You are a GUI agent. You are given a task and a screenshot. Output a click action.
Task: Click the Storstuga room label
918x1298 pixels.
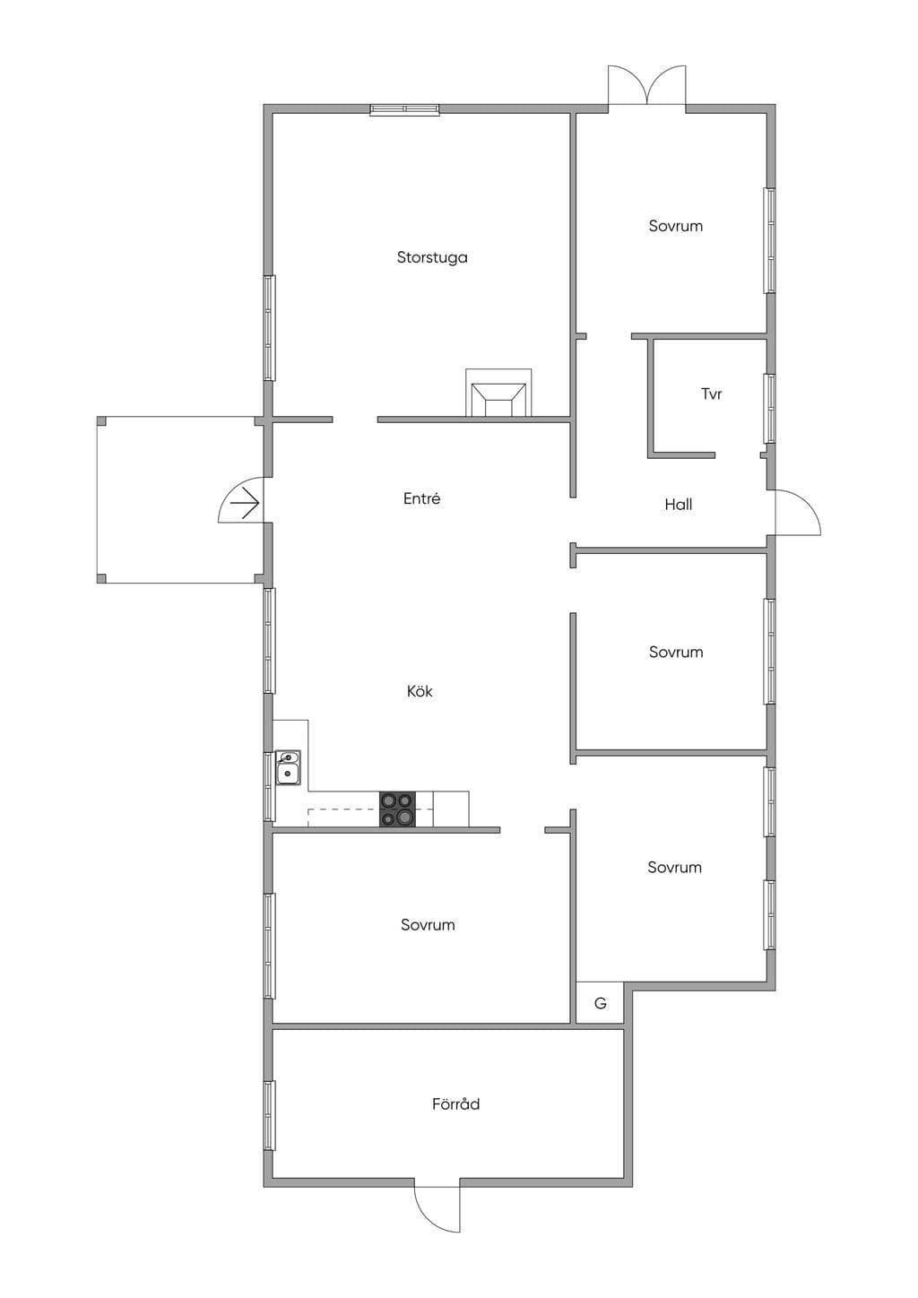(432, 257)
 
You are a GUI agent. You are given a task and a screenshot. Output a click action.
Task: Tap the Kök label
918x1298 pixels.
(420, 691)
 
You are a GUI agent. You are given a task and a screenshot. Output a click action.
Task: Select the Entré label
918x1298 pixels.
(422, 498)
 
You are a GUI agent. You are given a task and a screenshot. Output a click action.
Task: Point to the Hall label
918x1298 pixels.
(678, 505)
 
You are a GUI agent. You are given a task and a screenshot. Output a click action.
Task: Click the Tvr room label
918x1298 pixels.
(711, 394)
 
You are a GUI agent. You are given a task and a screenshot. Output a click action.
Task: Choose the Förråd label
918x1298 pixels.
(455, 1103)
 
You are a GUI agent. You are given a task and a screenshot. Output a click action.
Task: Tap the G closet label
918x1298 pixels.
(601, 1003)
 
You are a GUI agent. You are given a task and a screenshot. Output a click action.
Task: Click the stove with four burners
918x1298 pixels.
(397, 809)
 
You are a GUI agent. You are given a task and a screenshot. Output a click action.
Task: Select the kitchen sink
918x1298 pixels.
(288, 767)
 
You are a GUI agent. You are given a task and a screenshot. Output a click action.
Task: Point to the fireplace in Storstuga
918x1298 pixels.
(498, 393)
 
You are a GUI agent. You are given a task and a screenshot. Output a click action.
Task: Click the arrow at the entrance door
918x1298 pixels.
(244, 503)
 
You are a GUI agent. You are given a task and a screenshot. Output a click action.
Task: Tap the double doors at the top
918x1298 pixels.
(646, 86)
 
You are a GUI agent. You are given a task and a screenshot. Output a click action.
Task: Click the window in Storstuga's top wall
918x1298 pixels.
(404, 109)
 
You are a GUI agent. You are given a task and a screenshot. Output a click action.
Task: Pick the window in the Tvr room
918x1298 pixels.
(770, 409)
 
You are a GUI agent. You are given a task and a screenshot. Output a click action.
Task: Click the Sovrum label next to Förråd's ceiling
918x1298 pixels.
(428, 924)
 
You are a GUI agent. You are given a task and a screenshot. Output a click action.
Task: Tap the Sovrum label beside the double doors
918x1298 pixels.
(676, 226)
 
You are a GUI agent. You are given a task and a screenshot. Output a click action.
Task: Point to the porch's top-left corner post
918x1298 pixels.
(101, 420)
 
